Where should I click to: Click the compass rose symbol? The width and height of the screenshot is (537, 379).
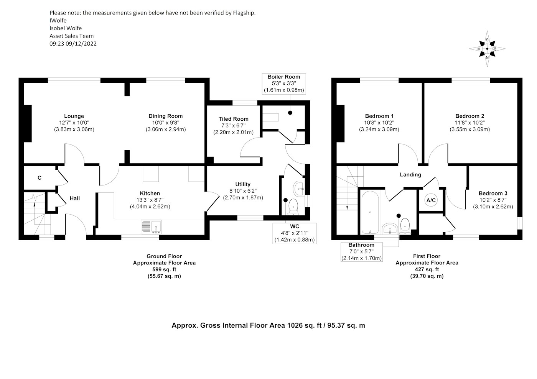[487, 49]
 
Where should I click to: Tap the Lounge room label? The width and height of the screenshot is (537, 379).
[74, 116]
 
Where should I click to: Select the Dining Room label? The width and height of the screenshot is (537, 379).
[166, 116]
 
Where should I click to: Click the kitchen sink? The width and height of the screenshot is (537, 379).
[152, 227]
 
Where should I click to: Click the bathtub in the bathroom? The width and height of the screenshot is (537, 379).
[370, 212]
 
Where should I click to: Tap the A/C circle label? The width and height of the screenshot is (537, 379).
[431, 200]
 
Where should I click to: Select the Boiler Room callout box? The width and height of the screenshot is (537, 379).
[284, 84]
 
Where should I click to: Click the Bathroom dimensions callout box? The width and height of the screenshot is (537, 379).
[361, 252]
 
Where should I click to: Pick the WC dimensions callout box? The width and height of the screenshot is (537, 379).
[295, 233]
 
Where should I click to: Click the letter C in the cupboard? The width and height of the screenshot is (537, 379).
[40, 178]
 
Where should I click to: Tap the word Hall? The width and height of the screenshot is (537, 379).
[75, 198]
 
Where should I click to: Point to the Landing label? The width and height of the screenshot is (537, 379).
[410, 175]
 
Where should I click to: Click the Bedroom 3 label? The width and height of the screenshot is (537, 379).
[493, 193]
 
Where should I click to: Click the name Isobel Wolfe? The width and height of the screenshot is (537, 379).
[66, 28]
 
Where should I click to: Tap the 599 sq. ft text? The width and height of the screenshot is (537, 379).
[164, 269]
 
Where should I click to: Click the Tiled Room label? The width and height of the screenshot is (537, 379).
[233, 119]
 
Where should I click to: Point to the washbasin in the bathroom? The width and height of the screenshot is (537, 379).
[390, 228]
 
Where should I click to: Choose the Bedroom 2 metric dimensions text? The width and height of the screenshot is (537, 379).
[469, 130]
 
